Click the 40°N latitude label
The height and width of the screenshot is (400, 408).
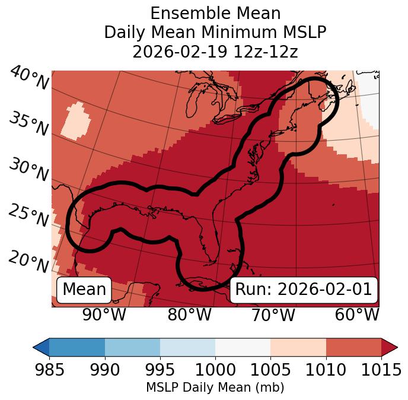coord(29,78)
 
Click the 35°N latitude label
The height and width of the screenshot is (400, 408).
coord(28,124)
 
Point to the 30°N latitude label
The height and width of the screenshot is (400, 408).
coord(28,170)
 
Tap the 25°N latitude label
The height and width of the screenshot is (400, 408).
coord(28,215)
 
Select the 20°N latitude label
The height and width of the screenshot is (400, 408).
coord(28,261)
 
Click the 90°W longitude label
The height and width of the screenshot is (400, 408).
coord(104,315)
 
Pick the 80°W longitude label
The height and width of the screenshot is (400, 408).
coord(189,315)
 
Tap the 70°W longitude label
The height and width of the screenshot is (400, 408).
coord(273,315)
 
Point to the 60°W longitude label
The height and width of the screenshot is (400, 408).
coord(357,315)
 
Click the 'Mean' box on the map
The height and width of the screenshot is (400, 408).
coord(84,290)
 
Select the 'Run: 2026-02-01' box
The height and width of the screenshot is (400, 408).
coord(304,290)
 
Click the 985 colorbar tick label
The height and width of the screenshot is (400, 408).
coord(49,370)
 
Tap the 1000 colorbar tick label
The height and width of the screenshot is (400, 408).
coord(215,370)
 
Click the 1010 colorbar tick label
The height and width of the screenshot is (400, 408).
coord(326,370)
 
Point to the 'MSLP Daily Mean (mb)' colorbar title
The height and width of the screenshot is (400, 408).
coord(215,388)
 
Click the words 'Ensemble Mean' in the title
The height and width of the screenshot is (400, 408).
coord(215,13)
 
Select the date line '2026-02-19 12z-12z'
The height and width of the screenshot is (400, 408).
coord(215,52)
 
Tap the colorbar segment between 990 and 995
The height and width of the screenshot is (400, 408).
coord(132,347)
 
